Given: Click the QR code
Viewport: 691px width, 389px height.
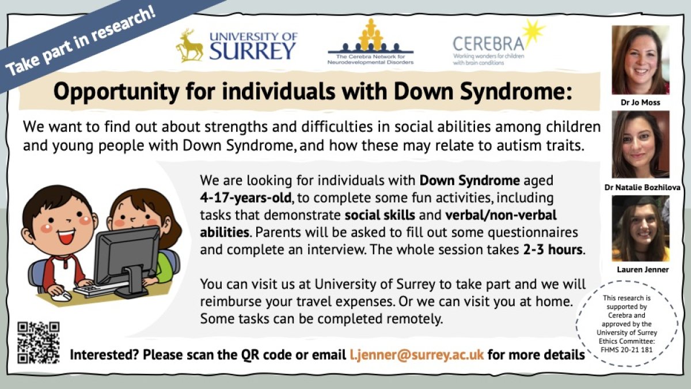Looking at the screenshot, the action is [38, 342].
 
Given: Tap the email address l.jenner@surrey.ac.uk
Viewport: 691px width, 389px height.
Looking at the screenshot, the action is [417, 355].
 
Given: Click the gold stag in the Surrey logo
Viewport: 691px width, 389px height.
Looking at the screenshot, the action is [189, 46].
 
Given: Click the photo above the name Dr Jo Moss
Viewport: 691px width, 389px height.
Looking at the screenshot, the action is [640, 60].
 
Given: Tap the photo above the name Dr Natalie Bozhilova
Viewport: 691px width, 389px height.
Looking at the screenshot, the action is [640, 145].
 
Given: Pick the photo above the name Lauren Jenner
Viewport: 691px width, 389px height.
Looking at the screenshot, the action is [640, 228].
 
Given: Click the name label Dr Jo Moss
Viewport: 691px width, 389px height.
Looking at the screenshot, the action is [640, 103].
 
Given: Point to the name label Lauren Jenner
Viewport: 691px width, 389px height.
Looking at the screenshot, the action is [643, 270].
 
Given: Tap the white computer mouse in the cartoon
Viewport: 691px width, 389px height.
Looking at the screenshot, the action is [61, 297].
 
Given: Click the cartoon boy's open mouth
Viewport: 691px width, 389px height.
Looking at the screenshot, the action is [66, 237].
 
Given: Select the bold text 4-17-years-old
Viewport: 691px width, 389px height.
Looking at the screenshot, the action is [245, 198].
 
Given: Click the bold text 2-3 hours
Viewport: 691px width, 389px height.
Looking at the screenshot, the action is [552, 250].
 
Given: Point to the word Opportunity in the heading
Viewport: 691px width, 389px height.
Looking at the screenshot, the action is [116, 92].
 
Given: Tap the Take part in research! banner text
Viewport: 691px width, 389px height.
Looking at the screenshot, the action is [81, 43].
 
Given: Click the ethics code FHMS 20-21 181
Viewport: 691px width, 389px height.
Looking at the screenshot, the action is [627, 350].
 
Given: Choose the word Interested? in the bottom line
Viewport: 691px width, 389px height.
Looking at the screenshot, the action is [104, 355].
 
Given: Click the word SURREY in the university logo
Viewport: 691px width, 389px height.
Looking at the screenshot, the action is [252, 51].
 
